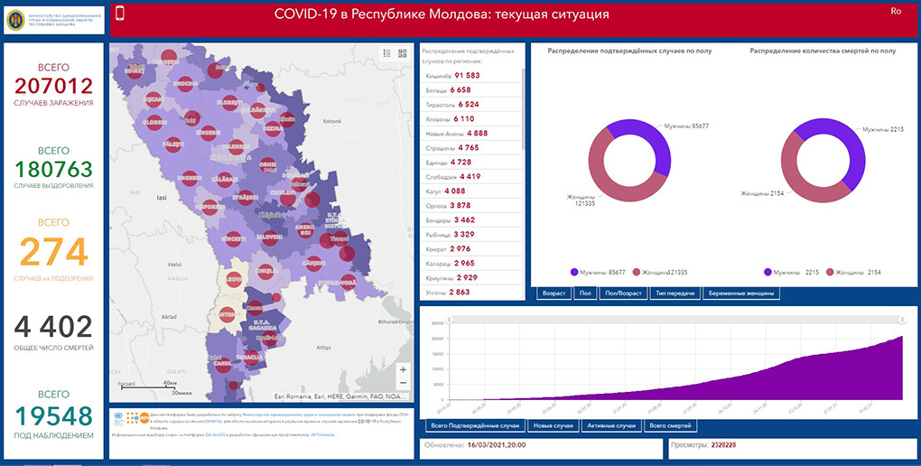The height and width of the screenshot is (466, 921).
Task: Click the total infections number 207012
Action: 53,87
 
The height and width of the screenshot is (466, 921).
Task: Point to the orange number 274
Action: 53,253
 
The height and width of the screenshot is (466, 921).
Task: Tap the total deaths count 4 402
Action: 53,327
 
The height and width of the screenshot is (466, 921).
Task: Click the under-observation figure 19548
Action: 53,415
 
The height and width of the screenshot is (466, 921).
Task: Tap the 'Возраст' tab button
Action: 554,294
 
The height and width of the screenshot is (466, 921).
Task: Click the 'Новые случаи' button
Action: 554,425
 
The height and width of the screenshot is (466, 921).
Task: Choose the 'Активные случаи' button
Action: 611,425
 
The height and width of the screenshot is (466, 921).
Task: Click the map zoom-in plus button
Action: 403,369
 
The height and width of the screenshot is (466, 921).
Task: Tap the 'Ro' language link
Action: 896,12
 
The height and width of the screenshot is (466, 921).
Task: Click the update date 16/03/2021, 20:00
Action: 497,445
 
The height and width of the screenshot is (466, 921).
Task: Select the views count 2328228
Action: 723,445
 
